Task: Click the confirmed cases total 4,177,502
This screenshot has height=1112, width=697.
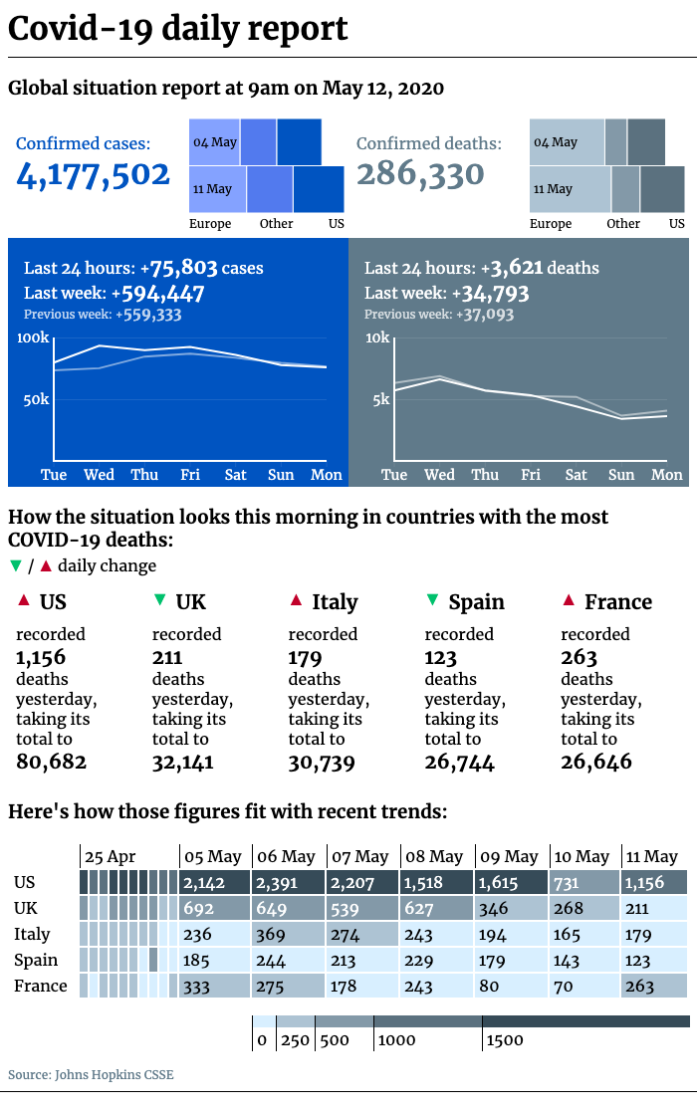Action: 93,175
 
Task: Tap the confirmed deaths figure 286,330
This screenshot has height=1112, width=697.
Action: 420,174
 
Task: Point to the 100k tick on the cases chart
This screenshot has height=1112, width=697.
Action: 33,337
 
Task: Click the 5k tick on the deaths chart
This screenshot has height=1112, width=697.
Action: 381,399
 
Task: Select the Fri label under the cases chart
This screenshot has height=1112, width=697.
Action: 190,475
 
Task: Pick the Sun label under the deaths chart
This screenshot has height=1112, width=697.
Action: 621,475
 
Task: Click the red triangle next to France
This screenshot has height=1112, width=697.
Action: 569,600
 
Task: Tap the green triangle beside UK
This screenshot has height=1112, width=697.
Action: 159,600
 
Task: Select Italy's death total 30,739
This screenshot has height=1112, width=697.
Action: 322,763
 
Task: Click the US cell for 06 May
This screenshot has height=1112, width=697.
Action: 288,883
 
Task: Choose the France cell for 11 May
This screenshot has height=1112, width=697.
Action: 654,987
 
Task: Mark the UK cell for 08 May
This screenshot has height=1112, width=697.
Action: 437,909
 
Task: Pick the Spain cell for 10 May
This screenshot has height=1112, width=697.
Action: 584,961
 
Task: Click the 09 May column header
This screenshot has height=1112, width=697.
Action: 509,857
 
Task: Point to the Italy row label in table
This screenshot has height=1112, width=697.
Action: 32,934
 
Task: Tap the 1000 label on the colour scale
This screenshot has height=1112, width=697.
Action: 396,1040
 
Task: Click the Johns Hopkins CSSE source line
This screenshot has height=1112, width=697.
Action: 91,1074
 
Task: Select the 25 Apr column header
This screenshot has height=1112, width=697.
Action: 110,857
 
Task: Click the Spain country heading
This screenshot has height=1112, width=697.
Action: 477,602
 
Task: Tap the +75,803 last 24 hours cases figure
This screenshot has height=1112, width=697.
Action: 178,268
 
